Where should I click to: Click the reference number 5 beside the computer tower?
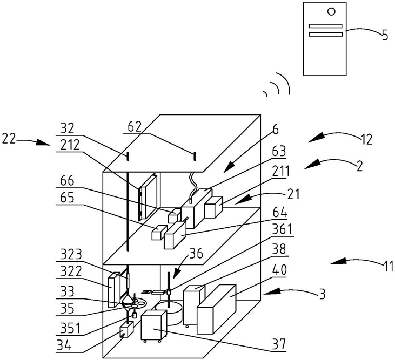385,37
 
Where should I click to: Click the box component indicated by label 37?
154,327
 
